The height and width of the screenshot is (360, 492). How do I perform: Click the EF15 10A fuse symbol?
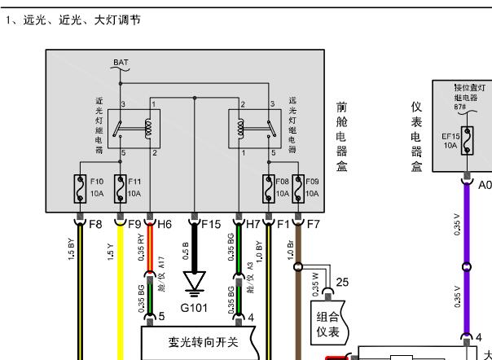point(466,139)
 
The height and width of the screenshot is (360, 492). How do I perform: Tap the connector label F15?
point(210,222)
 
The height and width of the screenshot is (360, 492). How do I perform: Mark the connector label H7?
point(253,222)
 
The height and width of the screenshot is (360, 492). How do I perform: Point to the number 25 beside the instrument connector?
point(342,282)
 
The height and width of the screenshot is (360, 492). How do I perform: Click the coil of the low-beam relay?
point(147,128)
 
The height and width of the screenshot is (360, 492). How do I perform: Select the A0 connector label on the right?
point(485,184)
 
